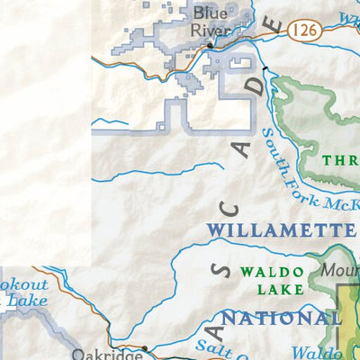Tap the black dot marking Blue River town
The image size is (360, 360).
[x=210, y=45]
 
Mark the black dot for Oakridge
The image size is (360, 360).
[x=145, y=347]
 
